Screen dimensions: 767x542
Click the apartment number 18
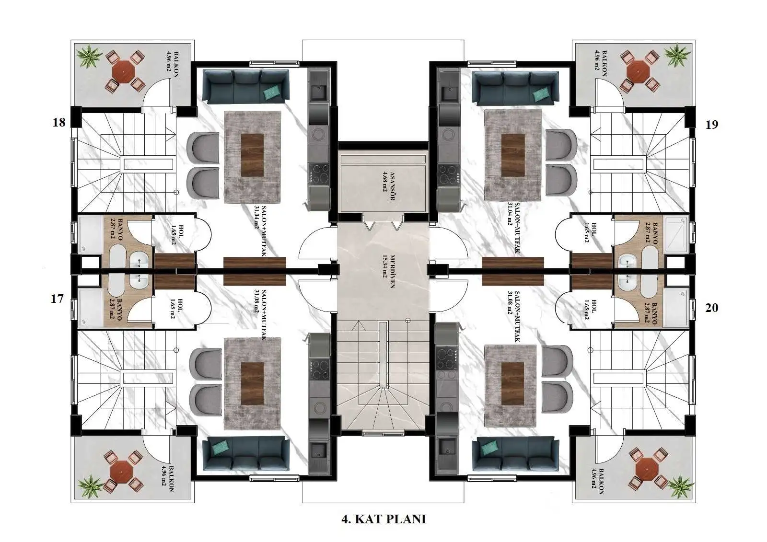[x=59, y=122]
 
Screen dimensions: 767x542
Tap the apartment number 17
[x=57, y=299]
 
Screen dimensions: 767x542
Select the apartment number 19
[x=712, y=125]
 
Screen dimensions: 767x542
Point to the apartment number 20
[x=711, y=308]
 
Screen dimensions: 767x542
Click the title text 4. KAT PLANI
[x=383, y=519]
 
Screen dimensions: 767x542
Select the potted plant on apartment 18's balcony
[x=89, y=56]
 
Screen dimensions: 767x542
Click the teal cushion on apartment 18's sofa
[x=272, y=92]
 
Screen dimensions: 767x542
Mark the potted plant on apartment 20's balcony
[x=681, y=486]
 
